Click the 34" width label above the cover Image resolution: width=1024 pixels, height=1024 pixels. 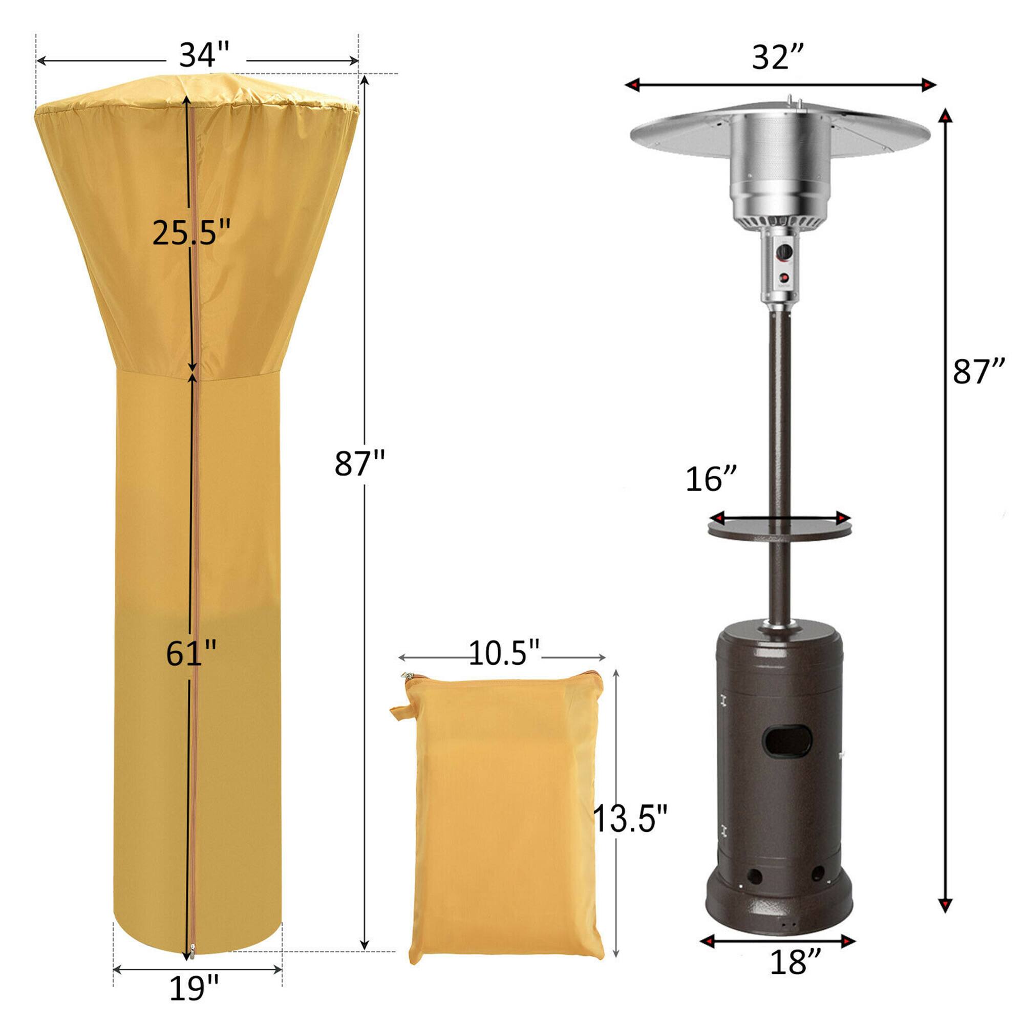tap(204, 55)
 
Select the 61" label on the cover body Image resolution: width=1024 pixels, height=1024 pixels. tap(191, 653)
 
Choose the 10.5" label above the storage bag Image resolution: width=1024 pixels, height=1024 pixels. tap(503, 653)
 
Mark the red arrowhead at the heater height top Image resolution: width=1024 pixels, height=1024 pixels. tap(946, 116)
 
